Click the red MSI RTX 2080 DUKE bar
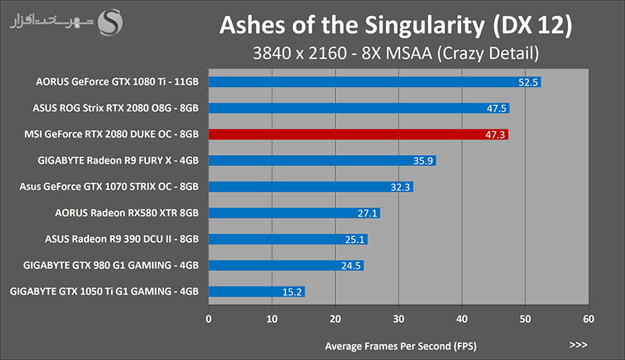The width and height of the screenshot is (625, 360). [358, 134]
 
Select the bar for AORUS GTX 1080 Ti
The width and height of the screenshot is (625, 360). [374, 82]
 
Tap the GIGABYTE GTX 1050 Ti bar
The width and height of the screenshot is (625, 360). [256, 291]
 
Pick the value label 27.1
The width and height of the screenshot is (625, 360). [368, 213]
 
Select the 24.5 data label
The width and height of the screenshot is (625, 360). [351, 265]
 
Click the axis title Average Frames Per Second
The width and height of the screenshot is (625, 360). [401, 345]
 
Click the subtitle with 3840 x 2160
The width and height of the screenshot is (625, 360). [395, 52]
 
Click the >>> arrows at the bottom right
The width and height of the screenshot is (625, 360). [578, 345]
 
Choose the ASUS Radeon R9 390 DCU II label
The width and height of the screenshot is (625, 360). [122, 239]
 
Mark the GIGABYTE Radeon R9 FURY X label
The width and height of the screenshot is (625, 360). [118, 161]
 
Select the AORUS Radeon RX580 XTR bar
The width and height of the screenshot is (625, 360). [294, 213]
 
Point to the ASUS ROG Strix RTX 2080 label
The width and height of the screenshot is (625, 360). [115, 108]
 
